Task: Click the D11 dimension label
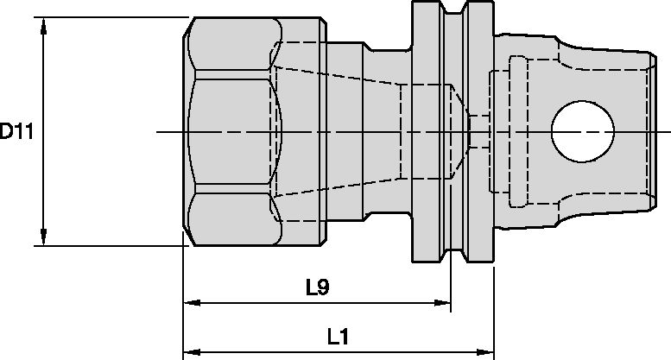point(16,132)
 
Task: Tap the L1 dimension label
point(338,338)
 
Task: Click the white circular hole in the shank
point(584,132)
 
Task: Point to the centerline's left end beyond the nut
point(164,132)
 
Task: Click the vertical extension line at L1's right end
point(494,311)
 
